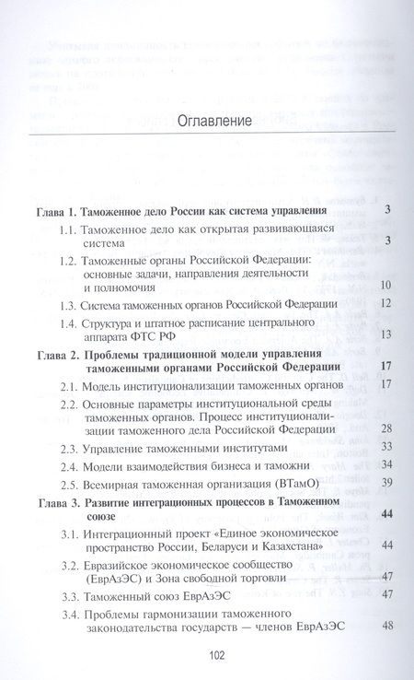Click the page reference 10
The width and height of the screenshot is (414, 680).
tap(385, 285)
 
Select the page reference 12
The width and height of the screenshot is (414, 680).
tap(385, 303)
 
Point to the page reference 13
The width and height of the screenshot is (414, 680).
tap(385, 334)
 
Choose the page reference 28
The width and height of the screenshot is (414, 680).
tap(385, 428)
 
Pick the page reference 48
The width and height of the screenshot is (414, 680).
tap(385, 627)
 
